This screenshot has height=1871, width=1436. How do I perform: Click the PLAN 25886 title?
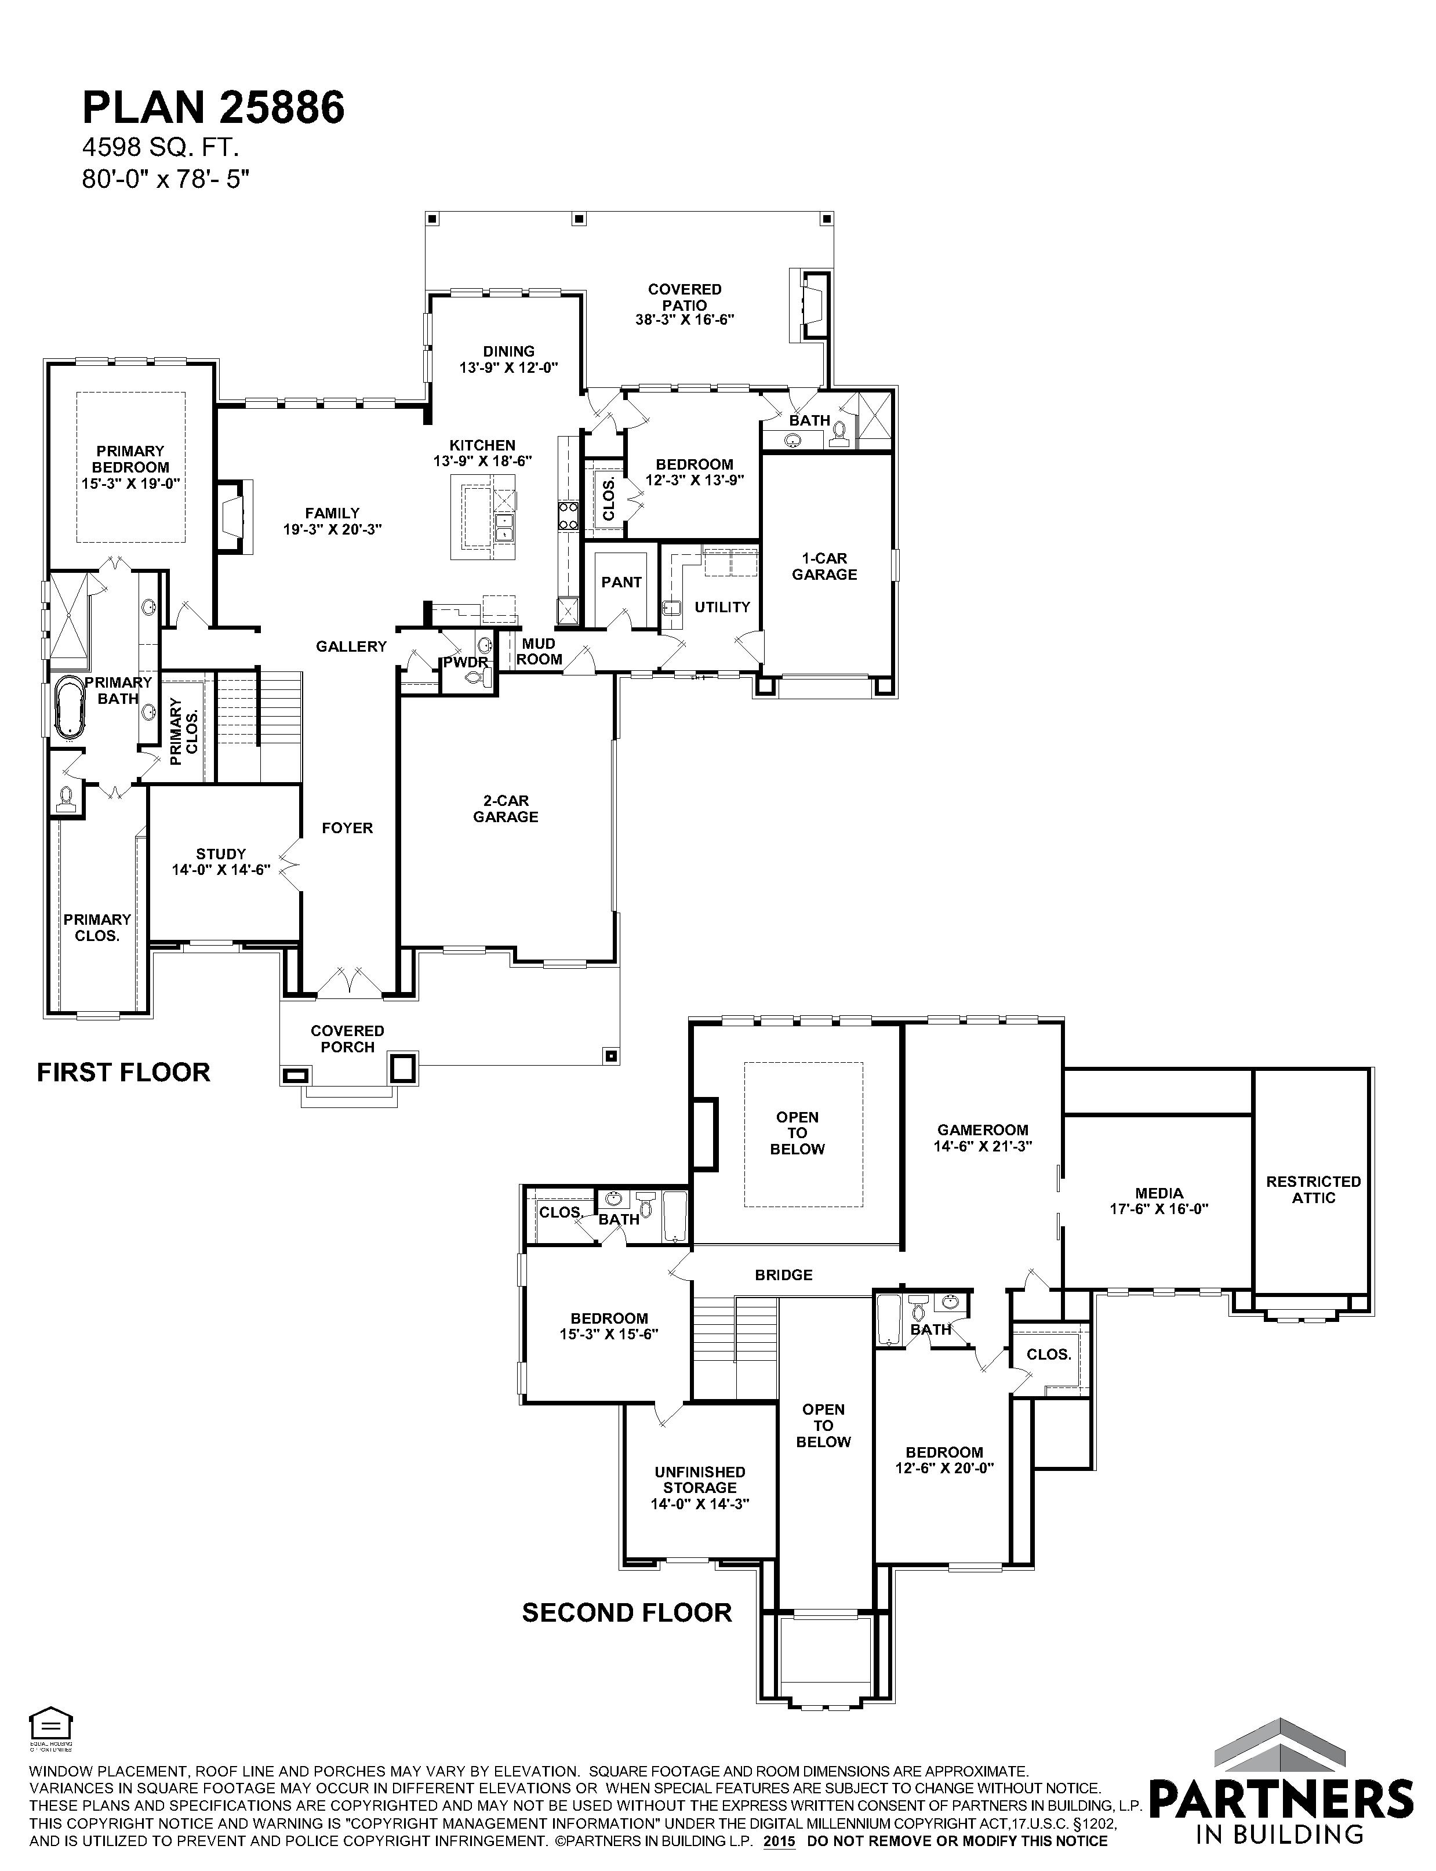(x=214, y=108)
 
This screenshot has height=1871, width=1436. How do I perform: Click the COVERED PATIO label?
(x=685, y=297)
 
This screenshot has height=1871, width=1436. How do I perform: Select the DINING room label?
(x=508, y=351)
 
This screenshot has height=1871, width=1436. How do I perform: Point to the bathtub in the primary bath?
(x=69, y=706)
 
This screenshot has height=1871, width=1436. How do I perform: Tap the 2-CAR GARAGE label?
(x=506, y=809)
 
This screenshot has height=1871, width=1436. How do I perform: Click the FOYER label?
(x=347, y=827)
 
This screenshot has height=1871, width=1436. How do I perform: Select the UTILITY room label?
(x=722, y=607)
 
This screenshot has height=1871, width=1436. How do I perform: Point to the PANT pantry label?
(x=621, y=582)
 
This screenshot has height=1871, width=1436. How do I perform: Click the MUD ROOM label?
(x=539, y=651)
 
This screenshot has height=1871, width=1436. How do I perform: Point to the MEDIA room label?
(x=1159, y=1193)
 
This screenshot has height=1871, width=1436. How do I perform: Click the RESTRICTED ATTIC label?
(x=1313, y=1190)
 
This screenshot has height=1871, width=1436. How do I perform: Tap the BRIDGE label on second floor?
(x=783, y=1275)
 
